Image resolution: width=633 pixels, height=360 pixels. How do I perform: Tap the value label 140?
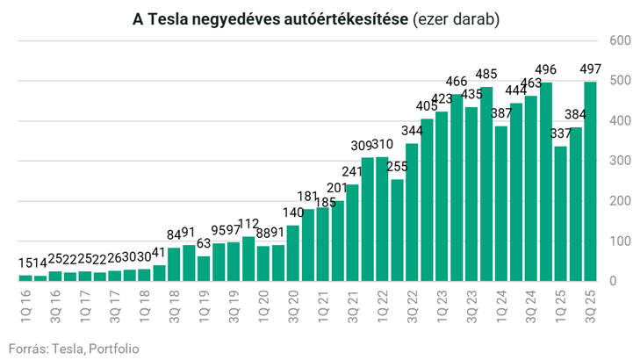pyautogui.click(x=293, y=212)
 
